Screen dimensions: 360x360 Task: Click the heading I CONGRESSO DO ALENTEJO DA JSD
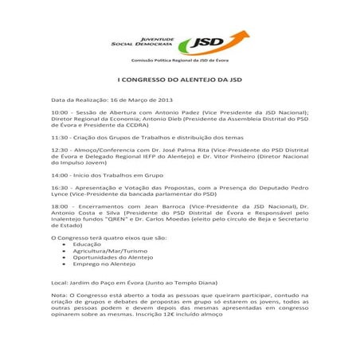tap(179, 80)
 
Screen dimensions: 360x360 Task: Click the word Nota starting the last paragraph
tap(59, 295)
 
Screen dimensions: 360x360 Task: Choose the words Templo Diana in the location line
tap(189, 282)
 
